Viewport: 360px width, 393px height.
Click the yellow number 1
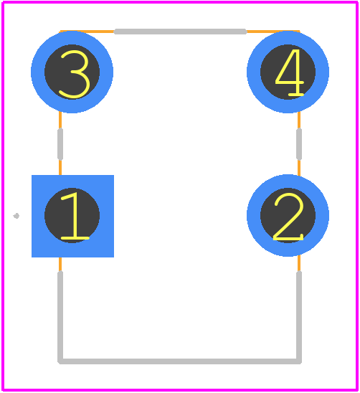(x=75, y=217)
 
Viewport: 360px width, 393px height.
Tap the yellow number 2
(x=288, y=217)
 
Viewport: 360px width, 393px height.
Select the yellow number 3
(x=75, y=74)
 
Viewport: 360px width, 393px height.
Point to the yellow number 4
(x=290, y=72)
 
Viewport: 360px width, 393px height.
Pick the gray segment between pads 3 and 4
(x=180, y=32)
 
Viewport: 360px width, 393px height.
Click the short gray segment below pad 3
(x=60, y=144)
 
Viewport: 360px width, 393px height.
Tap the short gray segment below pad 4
(x=299, y=144)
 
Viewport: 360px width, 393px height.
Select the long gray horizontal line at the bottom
(x=179, y=361)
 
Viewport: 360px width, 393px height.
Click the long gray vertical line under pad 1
(x=60, y=317)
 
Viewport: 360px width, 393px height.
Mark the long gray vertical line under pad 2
(x=299, y=317)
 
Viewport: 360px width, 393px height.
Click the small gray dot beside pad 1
(x=16, y=216)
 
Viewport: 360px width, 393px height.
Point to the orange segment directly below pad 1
(x=60, y=265)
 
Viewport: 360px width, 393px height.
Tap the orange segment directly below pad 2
(x=299, y=263)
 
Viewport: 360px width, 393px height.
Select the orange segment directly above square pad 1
(x=60, y=167)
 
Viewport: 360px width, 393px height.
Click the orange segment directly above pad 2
(x=299, y=167)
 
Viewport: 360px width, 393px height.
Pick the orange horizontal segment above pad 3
(x=87, y=32)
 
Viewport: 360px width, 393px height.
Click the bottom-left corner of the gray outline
(x=60, y=361)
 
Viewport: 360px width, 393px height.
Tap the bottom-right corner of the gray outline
(x=299, y=361)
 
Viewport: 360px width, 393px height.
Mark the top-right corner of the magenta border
(x=356, y=3)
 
